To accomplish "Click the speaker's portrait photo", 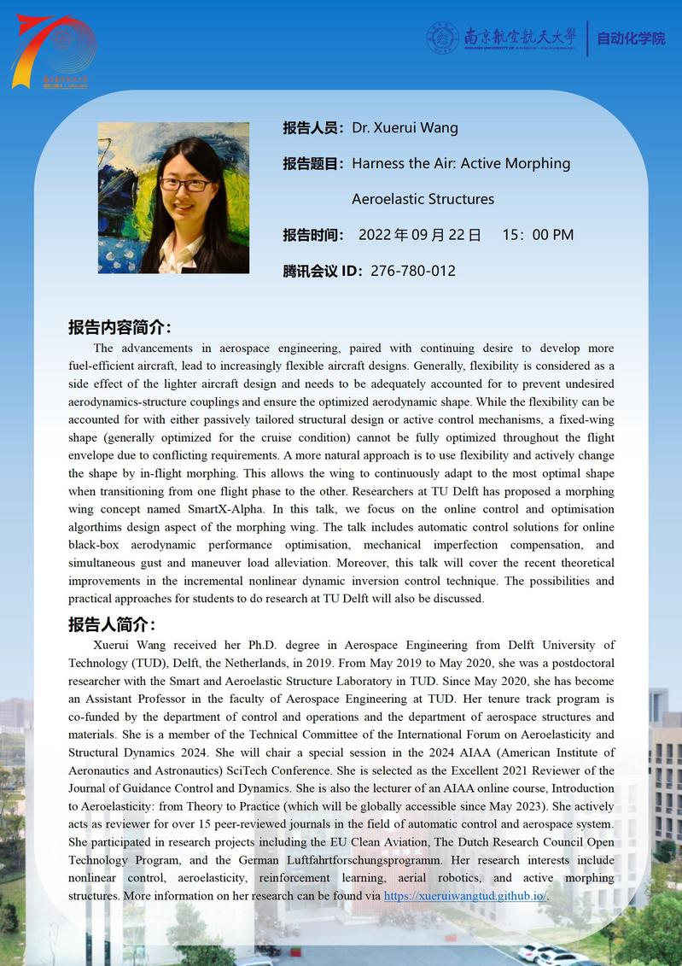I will click(x=173, y=197).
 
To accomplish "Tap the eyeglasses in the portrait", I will click(x=184, y=184).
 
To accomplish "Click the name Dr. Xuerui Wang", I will click(x=405, y=128).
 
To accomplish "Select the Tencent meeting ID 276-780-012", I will click(x=413, y=271).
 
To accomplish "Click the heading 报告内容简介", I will click(x=119, y=328).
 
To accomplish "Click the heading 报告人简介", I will click(x=111, y=624).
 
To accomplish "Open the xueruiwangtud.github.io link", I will click(x=464, y=896).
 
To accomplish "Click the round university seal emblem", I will click(x=443, y=38).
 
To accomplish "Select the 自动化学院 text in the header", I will click(x=631, y=39).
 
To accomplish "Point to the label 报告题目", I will click(x=314, y=164).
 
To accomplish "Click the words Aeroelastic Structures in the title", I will click(x=423, y=199).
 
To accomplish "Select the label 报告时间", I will click(x=314, y=235).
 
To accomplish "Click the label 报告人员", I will click(x=314, y=128).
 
